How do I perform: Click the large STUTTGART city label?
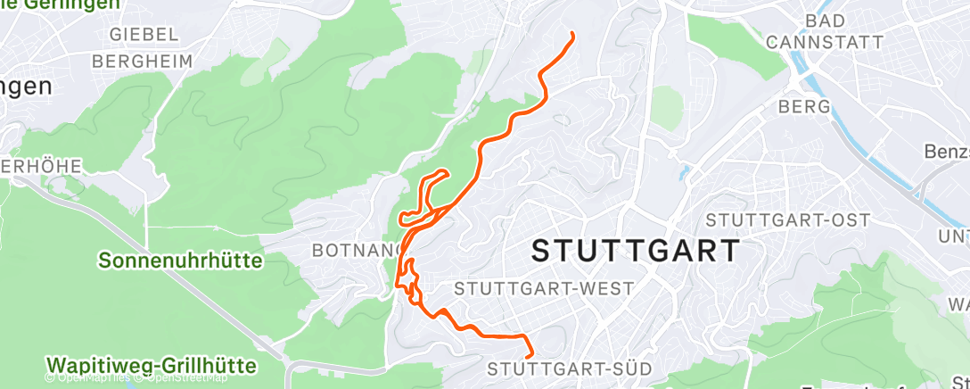(x=636, y=250)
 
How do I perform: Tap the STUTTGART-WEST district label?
(x=544, y=289)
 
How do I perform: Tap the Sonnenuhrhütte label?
(x=181, y=261)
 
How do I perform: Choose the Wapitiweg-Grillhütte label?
(x=151, y=366)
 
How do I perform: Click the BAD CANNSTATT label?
(x=825, y=31)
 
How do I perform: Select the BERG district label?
(x=804, y=107)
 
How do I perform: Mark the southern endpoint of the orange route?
(x=530, y=355)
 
